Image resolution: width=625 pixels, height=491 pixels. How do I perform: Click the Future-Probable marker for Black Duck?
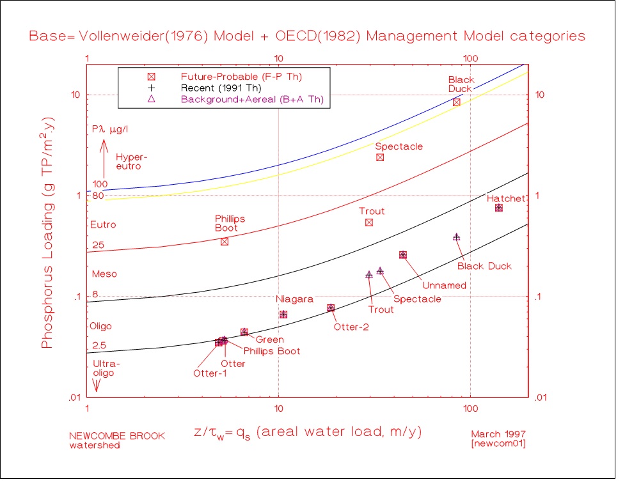[x=457, y=102]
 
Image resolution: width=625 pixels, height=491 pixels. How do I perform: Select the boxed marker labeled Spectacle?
[x=380, y=157]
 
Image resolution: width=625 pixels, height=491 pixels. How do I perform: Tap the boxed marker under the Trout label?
[x=369, y=222]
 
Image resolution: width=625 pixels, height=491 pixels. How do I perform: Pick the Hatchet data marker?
[x=499, y=208]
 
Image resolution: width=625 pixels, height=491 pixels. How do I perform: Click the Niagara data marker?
[x=283, y=315]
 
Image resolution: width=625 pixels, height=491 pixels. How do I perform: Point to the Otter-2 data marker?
[x=331, y=308]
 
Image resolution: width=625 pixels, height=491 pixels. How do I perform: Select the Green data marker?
[x=244, y=332]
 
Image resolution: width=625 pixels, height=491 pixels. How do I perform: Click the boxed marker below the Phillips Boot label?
[x=225, y=241]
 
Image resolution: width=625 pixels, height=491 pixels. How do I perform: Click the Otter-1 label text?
[x=210, y=373]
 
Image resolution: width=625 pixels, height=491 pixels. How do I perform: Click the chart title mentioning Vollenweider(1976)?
[x=307, y=36]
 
